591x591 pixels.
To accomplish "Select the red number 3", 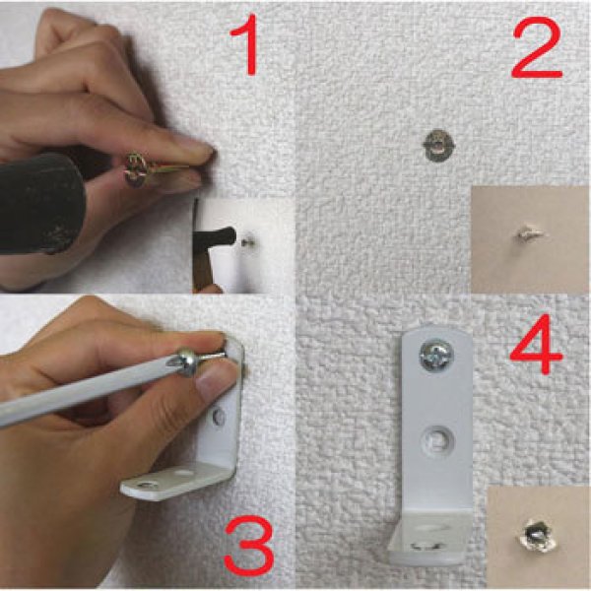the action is pyautogui.click(x=249, y=546).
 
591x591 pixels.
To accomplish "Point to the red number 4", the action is pyautogui.click(x=537, y=345).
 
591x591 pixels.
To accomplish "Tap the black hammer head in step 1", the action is pyautogui.click(x=40, y=204).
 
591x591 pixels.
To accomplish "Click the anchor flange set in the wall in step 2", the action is pyautogui.click(x=438, y=146).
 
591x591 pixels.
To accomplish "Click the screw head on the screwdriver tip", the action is pyautogui.click(x=186, y=362).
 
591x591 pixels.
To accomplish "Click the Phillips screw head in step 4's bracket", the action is pyautogui.click(x=436, y=356).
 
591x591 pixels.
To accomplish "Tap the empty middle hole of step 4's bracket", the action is pyautogui.click(x=436, y=439).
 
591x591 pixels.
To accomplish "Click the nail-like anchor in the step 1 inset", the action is pyautogui.click(x=247, y=241).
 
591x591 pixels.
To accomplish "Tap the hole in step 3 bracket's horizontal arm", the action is pyautogui.click(x=146, y=485).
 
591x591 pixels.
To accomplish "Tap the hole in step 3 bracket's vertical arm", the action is pyautogui.click(x=219, y=417).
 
